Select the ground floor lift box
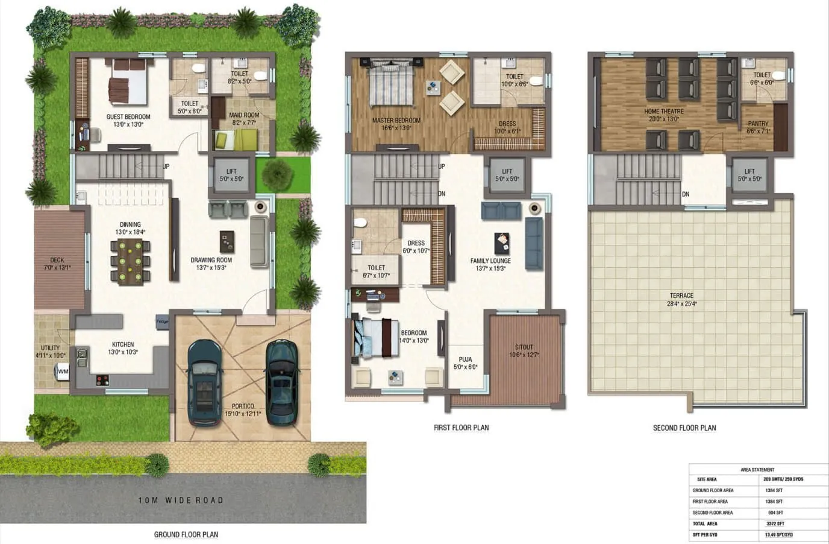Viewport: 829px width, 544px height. pos(231,176)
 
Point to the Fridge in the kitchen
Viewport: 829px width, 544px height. pos(162,321)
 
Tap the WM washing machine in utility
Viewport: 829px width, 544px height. pos(63,372)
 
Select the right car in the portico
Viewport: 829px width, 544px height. pos(281,381)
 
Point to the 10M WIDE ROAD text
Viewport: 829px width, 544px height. pos(181,500)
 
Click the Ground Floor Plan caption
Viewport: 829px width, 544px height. pos(186,534)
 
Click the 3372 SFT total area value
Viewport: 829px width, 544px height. pos(775,523)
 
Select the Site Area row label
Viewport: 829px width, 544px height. pos(707,479)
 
